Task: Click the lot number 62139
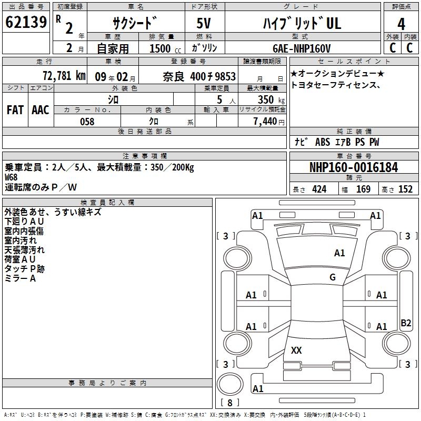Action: (x=26, y=23)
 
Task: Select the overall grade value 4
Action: (x=402, y=24)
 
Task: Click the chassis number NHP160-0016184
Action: (x=354, y=167)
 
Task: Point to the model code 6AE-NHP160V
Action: (x=301, y=48)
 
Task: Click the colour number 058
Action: (x=87, y=122)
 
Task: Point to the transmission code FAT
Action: (x=15, y=110)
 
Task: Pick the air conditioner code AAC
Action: (x=40, y=110)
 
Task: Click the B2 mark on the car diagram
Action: (x=406, y=323)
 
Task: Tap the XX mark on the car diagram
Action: (x=296, y=350)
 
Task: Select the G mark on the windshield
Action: (x=333, y=277)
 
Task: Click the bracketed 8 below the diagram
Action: (x=230, y=403)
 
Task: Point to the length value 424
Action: (x=319, y=189)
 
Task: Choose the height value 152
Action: (x=405, y=189)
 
